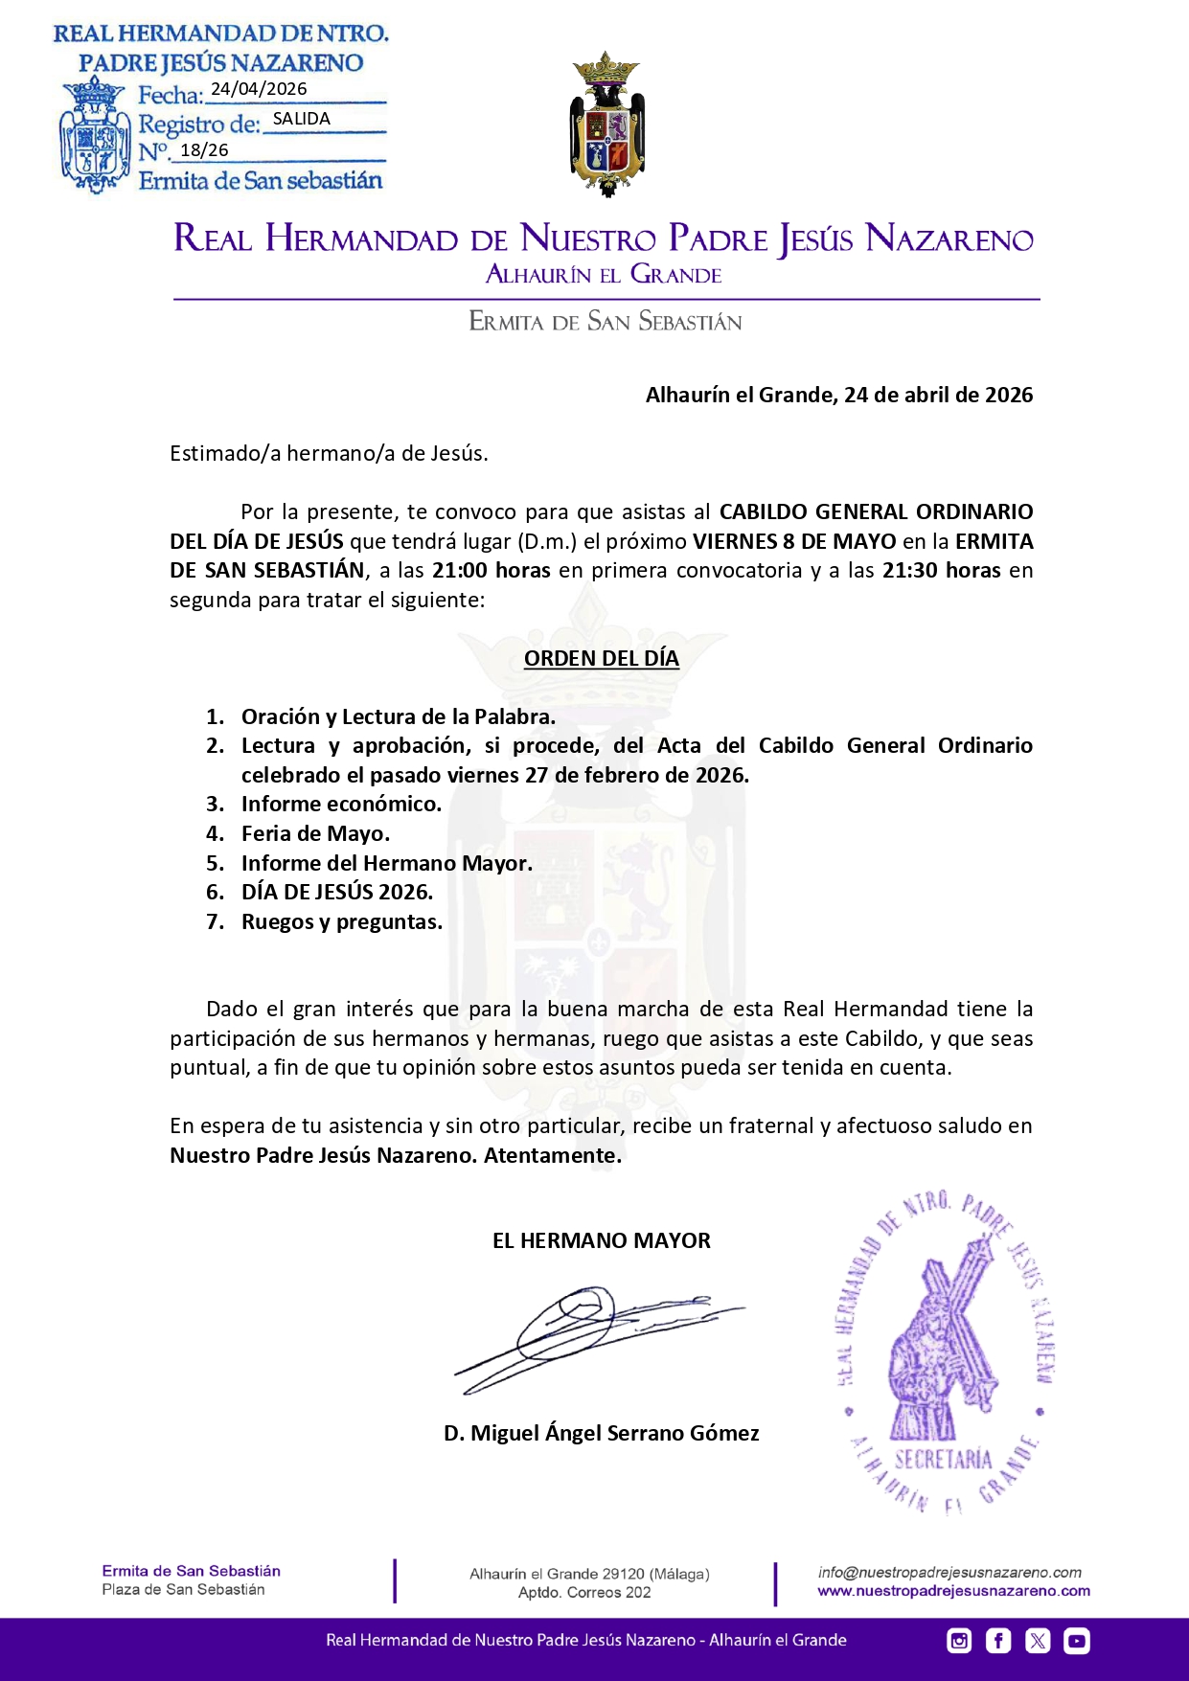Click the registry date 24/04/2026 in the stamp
point(259,89)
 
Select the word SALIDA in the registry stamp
point(301,119)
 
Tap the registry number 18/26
point(204,150)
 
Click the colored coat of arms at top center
point(607,125)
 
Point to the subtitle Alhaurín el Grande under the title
point(604,275)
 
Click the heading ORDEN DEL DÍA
point(602,658)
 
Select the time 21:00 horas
point(491,571)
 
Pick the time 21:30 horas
point(941,571)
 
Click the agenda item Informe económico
point(341,805)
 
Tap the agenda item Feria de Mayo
point(315,834)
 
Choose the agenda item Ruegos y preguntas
point(342,922)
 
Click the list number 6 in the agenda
point(214,893)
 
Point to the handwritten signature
point(594,1336)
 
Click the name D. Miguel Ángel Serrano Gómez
point(602,1433)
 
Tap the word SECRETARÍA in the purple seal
point(943,1459)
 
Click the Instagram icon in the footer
point(959,1641)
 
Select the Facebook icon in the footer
point(998,1641)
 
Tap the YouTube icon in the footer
point(1077,1641)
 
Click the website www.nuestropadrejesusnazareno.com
point(953,1591)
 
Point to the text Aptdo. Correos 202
point(584,1593)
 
